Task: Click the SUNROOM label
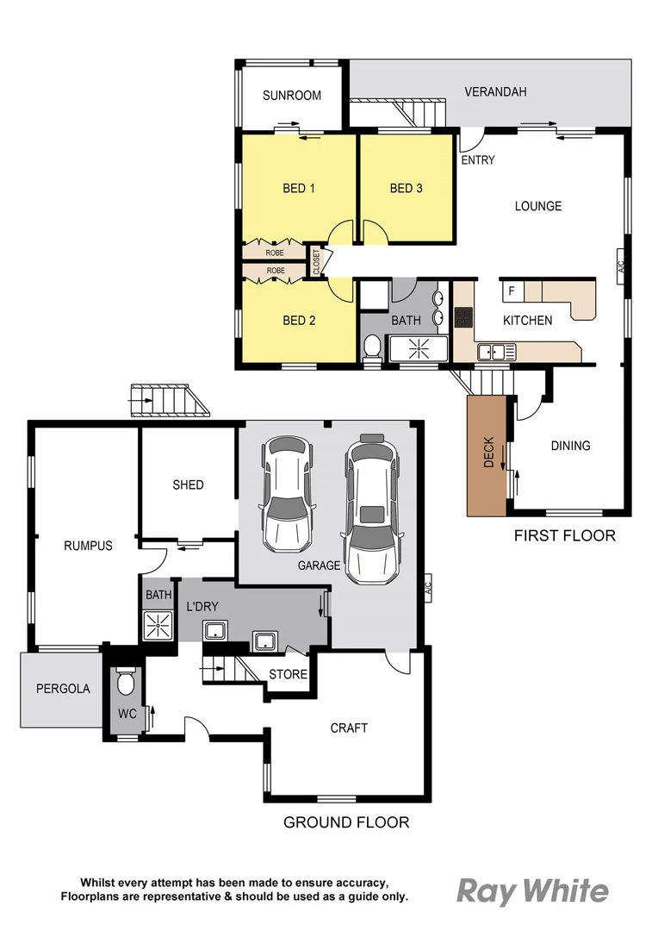point(292,96)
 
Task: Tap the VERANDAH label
point(495,92)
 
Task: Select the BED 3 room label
point(406,188)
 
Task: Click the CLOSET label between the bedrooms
point(316,262)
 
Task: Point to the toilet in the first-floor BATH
point(373,346)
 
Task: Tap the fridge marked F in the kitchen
point(512,291)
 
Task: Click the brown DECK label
point(488,452)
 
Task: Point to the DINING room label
point(570,446)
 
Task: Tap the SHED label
point(188,484)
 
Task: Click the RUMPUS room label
point(88,546)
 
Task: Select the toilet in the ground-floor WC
point(126,684)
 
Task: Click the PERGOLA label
point(62,689)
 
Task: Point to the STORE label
point(288,674)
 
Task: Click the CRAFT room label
point(349,728)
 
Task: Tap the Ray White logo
point(531,890)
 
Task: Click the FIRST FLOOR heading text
point(564,535)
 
